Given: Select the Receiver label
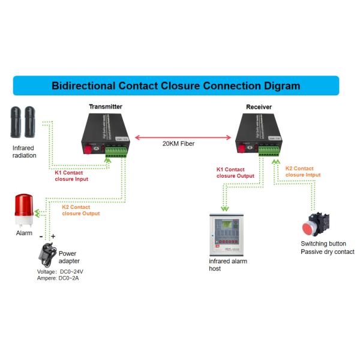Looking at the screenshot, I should point(259,107).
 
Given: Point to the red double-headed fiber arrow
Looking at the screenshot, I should point(182,137).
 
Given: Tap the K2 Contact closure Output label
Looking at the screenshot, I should point(81,210).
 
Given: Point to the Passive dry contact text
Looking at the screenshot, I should point(327,252).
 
